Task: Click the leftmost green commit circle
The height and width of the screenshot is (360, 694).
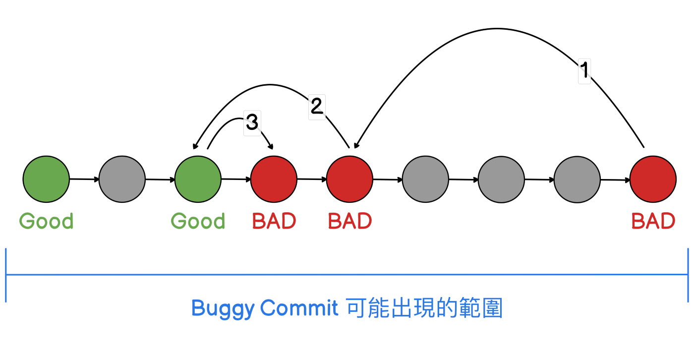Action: pyautogui.click(x=46, y=179)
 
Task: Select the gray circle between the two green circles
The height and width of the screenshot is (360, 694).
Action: pyautogui.click(x=122, y=179)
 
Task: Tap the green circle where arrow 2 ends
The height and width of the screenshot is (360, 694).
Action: pyautogui.click(x=198, y=179)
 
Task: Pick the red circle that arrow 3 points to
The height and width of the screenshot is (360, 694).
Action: pyautogui.click(x=274, y=179)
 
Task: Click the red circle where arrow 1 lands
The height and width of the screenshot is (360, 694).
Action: pyautogui.click(x=349, y=179)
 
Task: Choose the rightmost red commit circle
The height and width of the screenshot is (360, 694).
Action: pyautogui.click(x=653, y=179)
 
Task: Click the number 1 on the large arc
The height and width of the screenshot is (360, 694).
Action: pyautogui.click(x=584, y=71)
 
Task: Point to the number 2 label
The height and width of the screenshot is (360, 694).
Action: pyautogui.click(x=317, y=107)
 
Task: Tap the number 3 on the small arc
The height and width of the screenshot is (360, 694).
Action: pyautogui.click(x=252, y=122)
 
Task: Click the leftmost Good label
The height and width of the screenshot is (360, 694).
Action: pyautogui.click(x=47, y=221)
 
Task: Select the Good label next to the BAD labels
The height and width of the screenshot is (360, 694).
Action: pyautogui.click(x=198, y=221)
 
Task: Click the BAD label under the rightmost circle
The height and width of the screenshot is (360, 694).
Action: pyautogui.click(x=653, y=221)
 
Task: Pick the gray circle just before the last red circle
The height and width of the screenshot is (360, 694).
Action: pyautogui.click(x=577, y=179)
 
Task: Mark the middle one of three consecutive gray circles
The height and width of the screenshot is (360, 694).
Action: pyautogui.click(x=501, y=179)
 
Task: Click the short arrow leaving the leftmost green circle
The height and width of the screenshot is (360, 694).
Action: pyautogui.click(x=84, y=179)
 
